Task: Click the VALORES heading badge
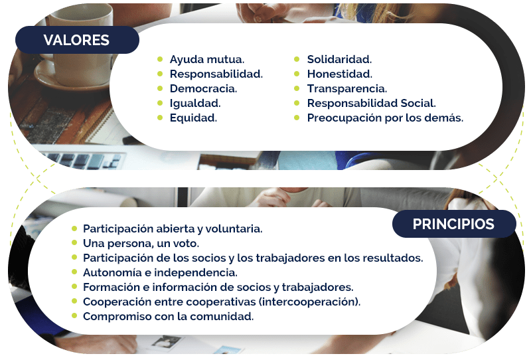(x=77, y=40)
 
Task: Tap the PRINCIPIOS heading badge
(x=454, y=224)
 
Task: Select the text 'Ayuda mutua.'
(x=207, y=60)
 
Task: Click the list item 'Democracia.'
(x=203, y=89)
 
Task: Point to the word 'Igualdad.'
(x=195, y=104)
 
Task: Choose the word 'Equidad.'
(x=193, y=118)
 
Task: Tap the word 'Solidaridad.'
(x=339, y=59)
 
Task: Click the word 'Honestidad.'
(x=340, y=74)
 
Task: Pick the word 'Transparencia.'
(x=347, y=89)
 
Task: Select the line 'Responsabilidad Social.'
(x=372, y=103)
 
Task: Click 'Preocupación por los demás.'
(x=385, y=118)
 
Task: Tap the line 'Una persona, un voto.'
(x=141, y=243)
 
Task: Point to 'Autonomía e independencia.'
(x=160, y=272)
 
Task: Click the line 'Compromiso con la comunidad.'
(x=169, y=316)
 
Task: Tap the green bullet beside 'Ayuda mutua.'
(x=160, y=59)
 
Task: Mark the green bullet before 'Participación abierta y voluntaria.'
(x=74, y=228)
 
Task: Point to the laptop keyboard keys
(x=85, y=160)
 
